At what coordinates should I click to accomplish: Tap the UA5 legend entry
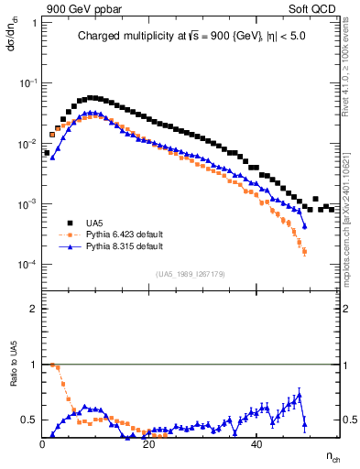tap(93, 222)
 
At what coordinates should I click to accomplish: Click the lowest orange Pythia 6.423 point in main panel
tap(303, 251)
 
